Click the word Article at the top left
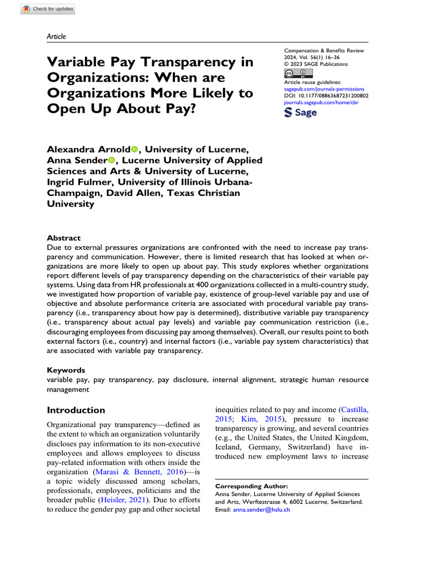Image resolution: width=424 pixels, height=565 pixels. [x=56, y=36]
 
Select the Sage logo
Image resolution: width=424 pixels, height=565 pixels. [x=300, y=113]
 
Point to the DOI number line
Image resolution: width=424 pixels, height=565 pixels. [x=326, y=95]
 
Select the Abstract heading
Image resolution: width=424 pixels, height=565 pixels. [x=63, y=238]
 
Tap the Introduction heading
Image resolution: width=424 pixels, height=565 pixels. [x=76, y=410]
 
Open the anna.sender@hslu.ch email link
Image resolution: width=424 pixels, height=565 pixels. [x=261, y=510]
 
